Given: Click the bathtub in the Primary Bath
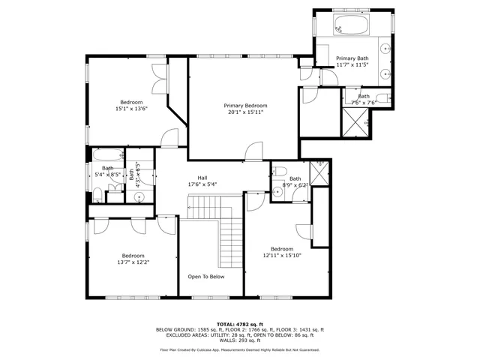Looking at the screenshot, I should [x=349, y=25].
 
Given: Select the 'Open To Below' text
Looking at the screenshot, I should [x=205, y=276].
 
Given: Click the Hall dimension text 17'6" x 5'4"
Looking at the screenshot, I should [x=202, y=184].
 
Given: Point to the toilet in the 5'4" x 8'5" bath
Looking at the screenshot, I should [x=97, y=194].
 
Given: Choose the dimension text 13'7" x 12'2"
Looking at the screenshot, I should [x=133, y=262].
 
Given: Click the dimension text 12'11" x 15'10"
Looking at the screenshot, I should [x=281, y=256].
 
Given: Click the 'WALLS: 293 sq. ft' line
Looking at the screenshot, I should [x=240, y=341].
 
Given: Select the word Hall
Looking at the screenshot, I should [x=202, y=178].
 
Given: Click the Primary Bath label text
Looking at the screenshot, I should [x=352, y=58].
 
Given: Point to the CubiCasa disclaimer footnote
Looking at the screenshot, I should [x=240, y=349].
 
